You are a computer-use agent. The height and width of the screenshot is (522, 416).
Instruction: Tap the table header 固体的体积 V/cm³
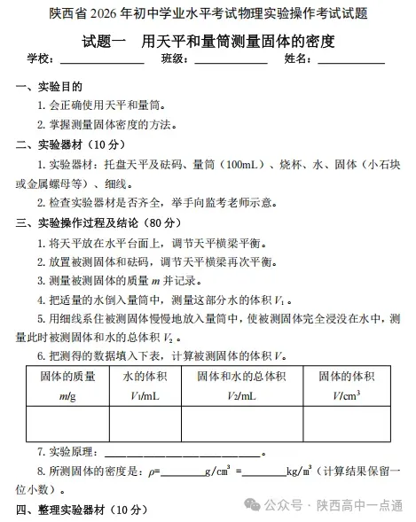[x=347, y=385]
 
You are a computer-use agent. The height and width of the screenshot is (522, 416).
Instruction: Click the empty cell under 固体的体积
[x=347, y=424]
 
